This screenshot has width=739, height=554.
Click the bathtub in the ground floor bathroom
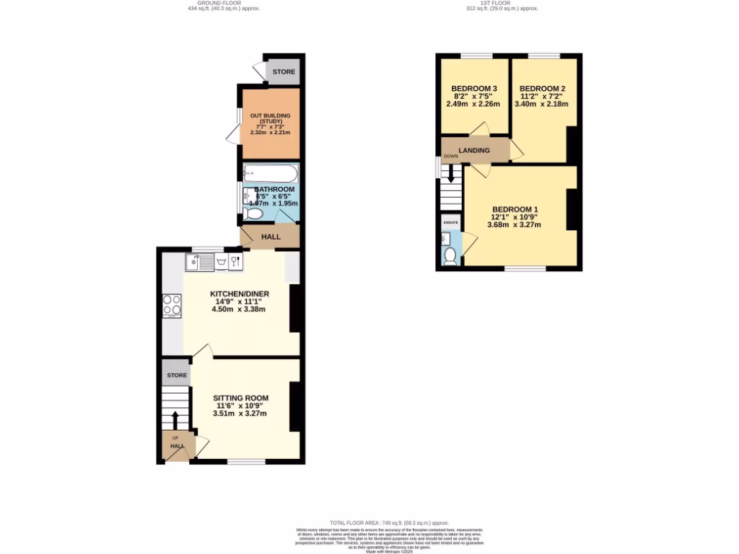tap(270, 173)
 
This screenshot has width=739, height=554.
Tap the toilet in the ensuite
tap(450, 255)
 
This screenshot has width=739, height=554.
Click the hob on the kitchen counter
tap(172, 305)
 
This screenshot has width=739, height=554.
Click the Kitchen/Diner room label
tap(239, 294)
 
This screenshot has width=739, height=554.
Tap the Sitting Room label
tap(240, 397)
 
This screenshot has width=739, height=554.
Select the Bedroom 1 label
tap(515, 209)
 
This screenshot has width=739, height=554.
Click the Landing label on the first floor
tap(474, 150)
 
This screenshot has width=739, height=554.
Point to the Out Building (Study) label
tap(270, 118)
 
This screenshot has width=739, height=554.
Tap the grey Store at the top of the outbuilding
tap(283, 72)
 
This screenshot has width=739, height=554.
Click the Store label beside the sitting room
tap(177, 375)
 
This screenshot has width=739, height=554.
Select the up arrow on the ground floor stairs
tap(175, 420)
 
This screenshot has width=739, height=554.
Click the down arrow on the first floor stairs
tap(451, 175)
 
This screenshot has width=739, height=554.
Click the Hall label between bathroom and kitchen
tap(271, 237)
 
